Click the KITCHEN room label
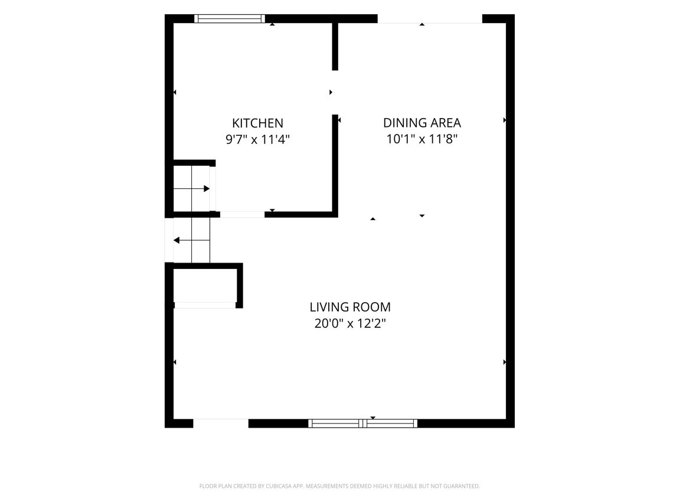(257, 123)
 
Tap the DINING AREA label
(422, 123)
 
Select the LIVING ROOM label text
(350, 307)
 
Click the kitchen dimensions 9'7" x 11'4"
(257, 139)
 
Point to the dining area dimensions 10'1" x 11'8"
(422, 139)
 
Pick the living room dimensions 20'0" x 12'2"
(350, 323)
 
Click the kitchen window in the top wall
(230, 18)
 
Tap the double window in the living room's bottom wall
(362, 424)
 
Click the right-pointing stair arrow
(192, 189)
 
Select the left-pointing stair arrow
(191, 240)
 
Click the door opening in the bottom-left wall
(221, 424)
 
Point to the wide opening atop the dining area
(430, 19)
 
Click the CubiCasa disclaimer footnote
(339, 486)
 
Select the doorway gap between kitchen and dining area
(335, 93)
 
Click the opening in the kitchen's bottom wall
(243, 215)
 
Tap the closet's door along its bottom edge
(205, 305)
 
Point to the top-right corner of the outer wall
(515, 15)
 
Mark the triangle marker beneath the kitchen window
(272, 24)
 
